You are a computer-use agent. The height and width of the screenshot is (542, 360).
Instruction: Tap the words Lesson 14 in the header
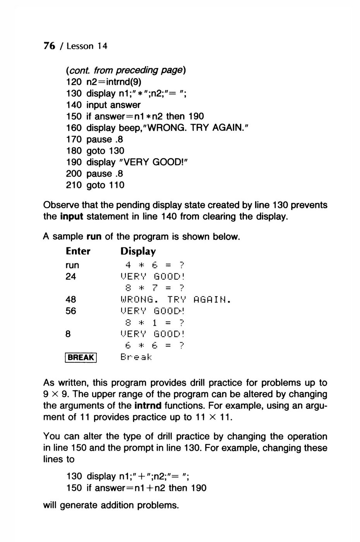(86, 46)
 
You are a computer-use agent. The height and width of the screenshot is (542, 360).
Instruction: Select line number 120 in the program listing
(74, 82)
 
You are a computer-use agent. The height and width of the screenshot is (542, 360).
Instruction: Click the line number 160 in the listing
(74, 128)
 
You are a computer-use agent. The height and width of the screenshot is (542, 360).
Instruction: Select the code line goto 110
(105, 185)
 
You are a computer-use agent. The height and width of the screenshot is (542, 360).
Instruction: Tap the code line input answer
(113, 105)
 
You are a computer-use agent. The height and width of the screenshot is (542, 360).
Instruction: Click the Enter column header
(78, 251)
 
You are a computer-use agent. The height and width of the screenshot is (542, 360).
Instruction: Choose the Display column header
(138, 251)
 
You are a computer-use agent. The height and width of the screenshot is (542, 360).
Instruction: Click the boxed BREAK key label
(81, 357)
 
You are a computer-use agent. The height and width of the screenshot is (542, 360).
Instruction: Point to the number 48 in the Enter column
(71, 300)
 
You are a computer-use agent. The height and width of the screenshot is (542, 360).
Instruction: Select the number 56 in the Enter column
(71, 311)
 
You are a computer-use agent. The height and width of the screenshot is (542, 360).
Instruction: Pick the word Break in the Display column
(137, 357)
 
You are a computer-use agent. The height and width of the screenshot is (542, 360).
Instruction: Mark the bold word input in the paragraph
(72, 216)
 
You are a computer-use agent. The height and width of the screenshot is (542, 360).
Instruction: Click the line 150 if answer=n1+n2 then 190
(136, 488)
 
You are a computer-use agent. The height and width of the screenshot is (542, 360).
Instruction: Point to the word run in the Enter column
(72, 266)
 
